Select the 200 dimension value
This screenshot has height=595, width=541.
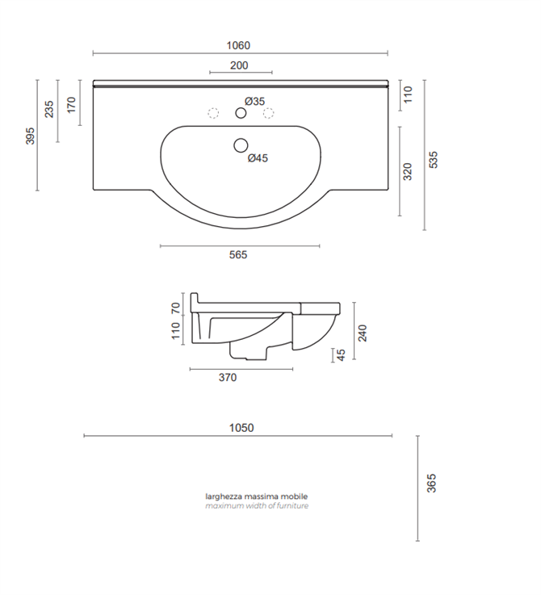pos(239,65)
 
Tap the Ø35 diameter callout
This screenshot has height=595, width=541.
pos(254,101)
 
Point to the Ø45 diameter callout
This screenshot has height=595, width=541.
pos(258,158)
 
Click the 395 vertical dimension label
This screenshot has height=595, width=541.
pos(31,136)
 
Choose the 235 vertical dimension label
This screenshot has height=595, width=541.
pos(49,110)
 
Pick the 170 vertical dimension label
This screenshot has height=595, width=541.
pos(72,105)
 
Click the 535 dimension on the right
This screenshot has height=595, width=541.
pos(434,159)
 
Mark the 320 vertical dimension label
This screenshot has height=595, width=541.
pos(408,171)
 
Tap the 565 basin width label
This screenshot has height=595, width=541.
pos(237,255)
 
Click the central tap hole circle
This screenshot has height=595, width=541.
pos(241,114)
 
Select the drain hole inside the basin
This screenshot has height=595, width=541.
pos(240,146)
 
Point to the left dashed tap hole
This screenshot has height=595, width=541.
pos(214,113)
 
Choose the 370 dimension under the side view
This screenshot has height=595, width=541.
pos(228,377)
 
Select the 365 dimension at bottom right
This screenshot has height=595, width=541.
pos(432,483)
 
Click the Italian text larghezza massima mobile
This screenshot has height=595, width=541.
pos(257,497)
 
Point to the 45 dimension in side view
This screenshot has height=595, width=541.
pos(341,354)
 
